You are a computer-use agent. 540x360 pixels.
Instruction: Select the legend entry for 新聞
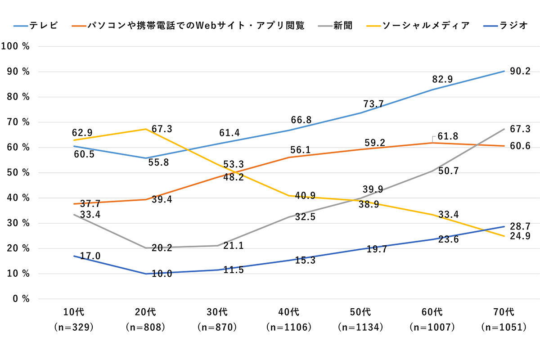tap(342, 26)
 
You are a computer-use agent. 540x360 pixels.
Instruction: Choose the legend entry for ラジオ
tap(513, 26)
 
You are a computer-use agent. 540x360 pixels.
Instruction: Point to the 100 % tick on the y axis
tap(15, 46)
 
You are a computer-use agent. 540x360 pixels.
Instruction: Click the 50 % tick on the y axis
tap(18, 173)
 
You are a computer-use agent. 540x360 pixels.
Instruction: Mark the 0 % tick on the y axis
tap(20, 299)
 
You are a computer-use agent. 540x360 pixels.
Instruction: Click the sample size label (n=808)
tap(146, 327)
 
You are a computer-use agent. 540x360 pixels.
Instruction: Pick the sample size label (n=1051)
tap(504, 327)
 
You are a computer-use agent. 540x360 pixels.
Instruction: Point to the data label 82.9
tap(443, 80)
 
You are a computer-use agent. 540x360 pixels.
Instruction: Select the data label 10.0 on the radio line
tap(162, 273)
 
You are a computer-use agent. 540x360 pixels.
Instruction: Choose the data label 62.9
tap(82, 133)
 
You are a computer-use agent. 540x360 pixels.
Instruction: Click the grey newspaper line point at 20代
tap(146, 248)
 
